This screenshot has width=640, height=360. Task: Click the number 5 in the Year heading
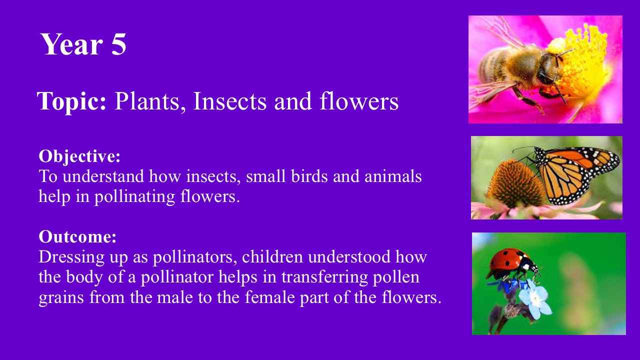pyautogui.click(x=118, y=44)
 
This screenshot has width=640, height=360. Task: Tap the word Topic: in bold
pyautogui.click(x=71, y=101)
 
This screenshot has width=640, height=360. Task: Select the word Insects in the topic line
pyautogui.click(x=229, y=101)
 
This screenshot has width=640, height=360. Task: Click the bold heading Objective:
pyautogui.click(x=79, y=157)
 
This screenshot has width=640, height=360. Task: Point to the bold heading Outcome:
pyautogui.click(x=77, y=237)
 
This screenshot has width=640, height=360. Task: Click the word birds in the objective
pyautogui.click(x=309, y=176)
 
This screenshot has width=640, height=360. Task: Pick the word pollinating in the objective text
pyautogui.click(x=134, y=197)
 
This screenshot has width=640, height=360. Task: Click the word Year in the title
pyautogui.click(x=71, y=44)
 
